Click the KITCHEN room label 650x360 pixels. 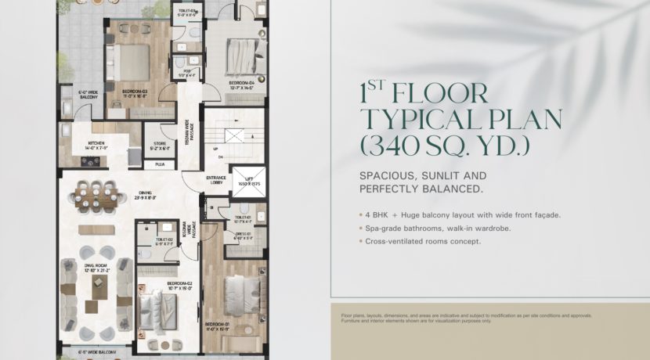[x=96, y=145]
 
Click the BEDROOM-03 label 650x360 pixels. [x=135, y=92]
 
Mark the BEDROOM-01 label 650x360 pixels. [x=217, y=326]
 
